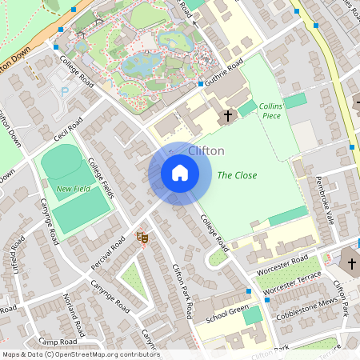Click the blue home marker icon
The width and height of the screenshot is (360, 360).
180,172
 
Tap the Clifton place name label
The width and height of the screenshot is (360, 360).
206,150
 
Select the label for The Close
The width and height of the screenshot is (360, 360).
237,175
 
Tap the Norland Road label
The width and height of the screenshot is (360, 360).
74,314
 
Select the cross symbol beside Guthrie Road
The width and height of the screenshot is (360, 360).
227,116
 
